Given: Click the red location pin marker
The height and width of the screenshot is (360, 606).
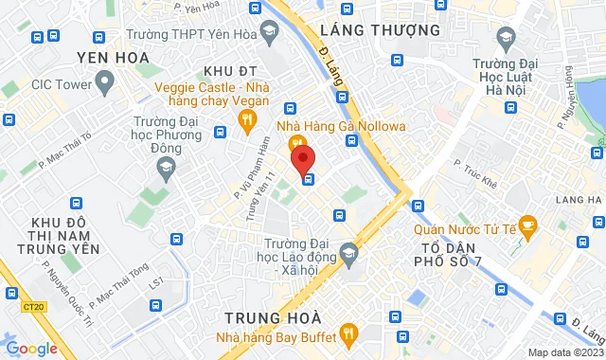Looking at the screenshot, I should (302, 156).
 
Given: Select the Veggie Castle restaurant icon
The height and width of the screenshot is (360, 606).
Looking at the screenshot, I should (247, 120).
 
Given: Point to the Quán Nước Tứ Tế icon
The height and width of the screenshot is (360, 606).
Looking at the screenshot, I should (528, 226).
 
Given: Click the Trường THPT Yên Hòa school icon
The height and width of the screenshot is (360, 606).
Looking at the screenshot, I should (271, 33).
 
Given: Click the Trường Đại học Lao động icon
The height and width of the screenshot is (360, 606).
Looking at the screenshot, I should (349, 251).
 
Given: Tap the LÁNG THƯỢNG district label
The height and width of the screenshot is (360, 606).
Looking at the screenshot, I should (381, 30).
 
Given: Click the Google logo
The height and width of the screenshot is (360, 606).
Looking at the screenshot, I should (31, 349).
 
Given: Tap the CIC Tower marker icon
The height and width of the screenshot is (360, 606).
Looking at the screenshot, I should (102, 84).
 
